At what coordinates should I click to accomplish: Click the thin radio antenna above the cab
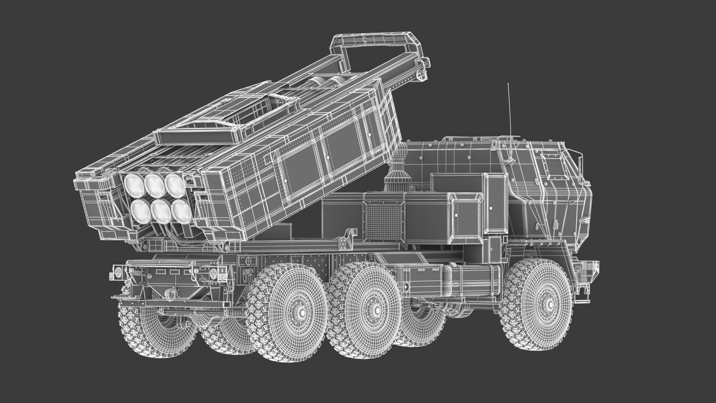tap(509, 112)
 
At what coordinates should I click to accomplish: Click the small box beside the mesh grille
tap(466, 216)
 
